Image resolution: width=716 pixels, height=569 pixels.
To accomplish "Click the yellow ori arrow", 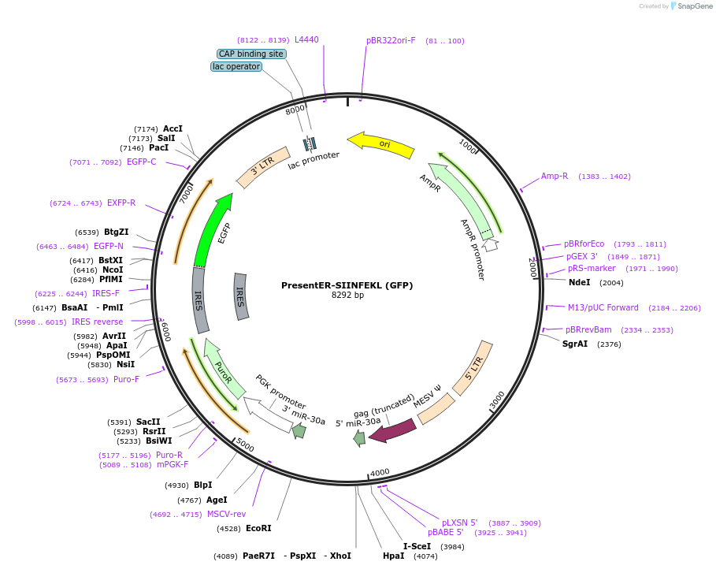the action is pyautogui.click(x=381, y=143).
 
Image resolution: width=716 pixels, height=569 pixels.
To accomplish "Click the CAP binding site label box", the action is pyautogui.click(x=251, y=54).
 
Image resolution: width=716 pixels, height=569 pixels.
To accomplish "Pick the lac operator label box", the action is pyautogui.click(x=236, y=67).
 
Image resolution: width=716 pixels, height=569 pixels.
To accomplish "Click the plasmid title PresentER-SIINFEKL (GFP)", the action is pyautogui.click(x=347, y=285).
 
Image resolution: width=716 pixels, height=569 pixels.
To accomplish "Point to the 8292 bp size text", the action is pyautogui.click(x=347, y=296).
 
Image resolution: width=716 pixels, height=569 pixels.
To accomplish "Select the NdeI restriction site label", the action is pyautogui.click(x=579, y=282).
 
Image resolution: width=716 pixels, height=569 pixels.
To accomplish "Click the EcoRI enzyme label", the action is pyautogui.click(x=258, y=528).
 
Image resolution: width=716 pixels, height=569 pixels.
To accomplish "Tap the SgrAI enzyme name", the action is pyautogui.click(x=574, y=344).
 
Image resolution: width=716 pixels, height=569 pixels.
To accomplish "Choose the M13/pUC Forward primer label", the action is pyautogui.click(x=603, y=307).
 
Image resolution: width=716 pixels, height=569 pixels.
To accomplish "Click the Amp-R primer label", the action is pyautogui.click(x=555, y=176).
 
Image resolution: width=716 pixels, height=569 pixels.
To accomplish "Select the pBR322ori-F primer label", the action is pyautogui.click(x=391, y=40).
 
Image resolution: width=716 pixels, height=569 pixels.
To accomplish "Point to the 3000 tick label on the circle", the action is pyautogui.click(x=497, y=400).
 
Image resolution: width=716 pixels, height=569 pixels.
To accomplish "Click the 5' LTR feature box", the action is pyautogui.click(x=473, y=368).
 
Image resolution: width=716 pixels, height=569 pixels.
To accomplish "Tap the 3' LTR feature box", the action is pyautogui.click(x=263, y=167).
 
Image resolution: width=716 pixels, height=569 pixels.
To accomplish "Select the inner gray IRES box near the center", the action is pyautogui.click(x=241, y=296).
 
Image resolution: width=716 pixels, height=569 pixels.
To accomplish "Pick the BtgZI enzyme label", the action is pyautogui.click(x=116, y=232).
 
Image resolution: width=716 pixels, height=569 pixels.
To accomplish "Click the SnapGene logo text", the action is pyautogui.click(x=694, y=6).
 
